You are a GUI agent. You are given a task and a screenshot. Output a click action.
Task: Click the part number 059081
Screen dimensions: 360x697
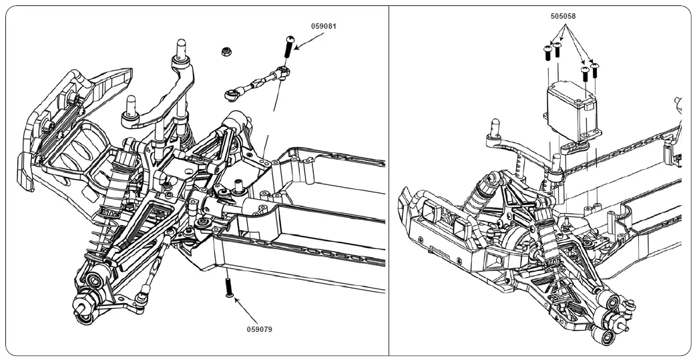click(324, 27)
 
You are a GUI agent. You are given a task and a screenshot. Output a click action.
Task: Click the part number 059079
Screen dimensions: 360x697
click(260, 329)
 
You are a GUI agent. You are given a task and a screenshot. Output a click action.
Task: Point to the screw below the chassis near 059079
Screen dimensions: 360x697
click(229, 289)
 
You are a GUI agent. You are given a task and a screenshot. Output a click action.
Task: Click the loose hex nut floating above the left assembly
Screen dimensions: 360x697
click(226, 51)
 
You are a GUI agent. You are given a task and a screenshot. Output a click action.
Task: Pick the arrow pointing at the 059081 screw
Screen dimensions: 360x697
click(308, 41)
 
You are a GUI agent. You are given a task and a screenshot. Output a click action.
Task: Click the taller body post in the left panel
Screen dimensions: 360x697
click(180, 50)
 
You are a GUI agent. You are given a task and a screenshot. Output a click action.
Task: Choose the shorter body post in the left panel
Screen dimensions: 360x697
click(130, 107)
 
